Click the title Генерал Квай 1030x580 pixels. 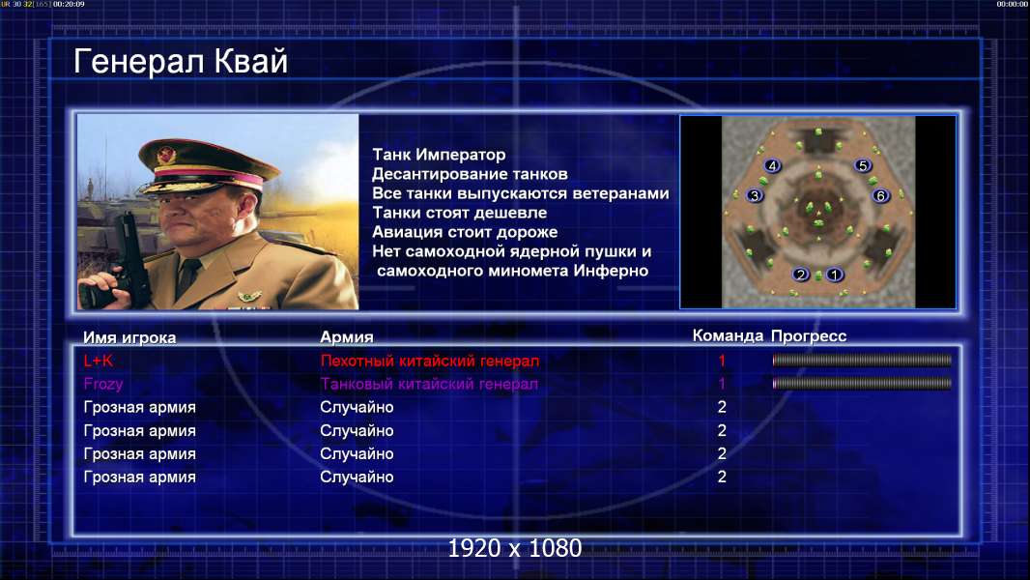[x=181, y=62]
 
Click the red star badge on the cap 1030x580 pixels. [x=166, y=156]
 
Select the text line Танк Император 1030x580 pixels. [x=439, y=155]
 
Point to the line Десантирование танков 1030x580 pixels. [x=470, y=174]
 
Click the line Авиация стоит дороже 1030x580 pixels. [x=465, y=232]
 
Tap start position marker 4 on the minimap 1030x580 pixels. [x=773, y=165]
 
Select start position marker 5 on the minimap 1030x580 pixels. [x=863, y=165]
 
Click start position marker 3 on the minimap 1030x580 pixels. [x=755, y=195]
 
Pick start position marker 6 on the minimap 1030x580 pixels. [x=881, y=195]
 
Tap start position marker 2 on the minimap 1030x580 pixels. [x=800, y=275]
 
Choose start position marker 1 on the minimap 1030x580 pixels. [x=834, y=275]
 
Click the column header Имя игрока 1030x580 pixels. [x=129, y=337]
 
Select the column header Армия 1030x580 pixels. [x=347, y=337]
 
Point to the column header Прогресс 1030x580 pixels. [x=809, y=336]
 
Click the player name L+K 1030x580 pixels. [x=99, y=361]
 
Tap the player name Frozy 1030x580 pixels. [x=103, y=384]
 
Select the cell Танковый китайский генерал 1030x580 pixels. [x=430, y=384]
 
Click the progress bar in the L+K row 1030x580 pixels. [x=862, y=360]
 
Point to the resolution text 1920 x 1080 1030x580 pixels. [x=515, y=548]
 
